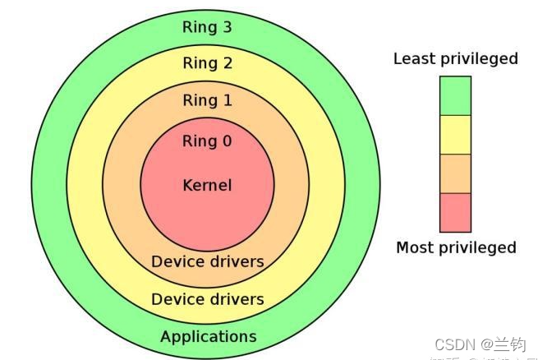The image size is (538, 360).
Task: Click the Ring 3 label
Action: [x=207, y=27]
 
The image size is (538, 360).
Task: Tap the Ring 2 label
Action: [x=207, y=63]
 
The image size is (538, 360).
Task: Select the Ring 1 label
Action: [x=207, y=100]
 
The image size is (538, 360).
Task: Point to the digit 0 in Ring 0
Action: [x=227, y=141]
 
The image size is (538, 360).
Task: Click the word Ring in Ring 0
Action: [x=198, y=141]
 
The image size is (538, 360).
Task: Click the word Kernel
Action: [x=207, y=185]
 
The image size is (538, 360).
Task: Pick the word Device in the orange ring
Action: [x=175, y=261]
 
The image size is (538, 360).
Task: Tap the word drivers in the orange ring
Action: [x=234, y=261]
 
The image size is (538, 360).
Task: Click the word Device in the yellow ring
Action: [x=175, y=298]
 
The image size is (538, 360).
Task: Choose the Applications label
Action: [x=208, y=337]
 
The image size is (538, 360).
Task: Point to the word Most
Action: [x=414, y=247]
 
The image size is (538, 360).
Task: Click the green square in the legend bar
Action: [x=455, y=95]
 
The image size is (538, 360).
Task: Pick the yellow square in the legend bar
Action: [x=455, y=135]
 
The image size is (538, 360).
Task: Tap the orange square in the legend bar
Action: [x=455, y=173]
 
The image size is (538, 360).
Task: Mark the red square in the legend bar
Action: [x=455, y=212]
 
